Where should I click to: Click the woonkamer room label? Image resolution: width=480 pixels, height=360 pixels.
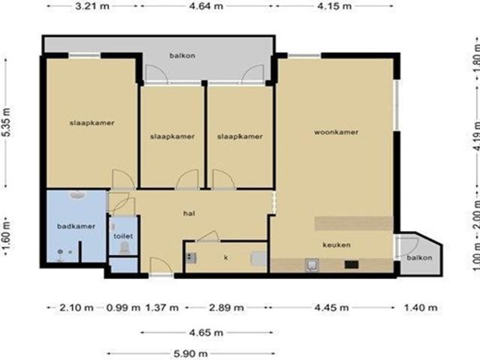point(336,132)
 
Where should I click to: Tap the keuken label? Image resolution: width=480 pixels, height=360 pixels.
point(337,245)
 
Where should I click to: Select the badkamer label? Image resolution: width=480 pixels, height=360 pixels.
point(76,226)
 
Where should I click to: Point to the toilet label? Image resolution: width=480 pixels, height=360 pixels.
point(123,236)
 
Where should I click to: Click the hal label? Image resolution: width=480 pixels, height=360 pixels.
point(189,213)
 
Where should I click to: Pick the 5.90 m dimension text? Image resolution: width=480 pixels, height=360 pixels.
point(190,354)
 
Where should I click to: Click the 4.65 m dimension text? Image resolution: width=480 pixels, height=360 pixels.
point(206,332)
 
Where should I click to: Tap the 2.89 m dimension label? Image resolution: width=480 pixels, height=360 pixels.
point(226,307)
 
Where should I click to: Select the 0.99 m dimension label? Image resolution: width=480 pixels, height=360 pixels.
point(123,307)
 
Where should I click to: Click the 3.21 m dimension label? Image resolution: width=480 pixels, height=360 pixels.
point(92,6)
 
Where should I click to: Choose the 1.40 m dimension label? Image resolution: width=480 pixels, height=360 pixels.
point(421,307)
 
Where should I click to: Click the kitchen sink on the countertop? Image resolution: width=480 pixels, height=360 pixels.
point(312,265)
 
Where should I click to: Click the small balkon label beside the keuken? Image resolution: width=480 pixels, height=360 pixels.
point(419,258)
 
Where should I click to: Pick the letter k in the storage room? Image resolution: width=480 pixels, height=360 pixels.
point(226,258)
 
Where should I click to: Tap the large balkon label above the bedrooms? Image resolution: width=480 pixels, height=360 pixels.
point(182,55)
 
